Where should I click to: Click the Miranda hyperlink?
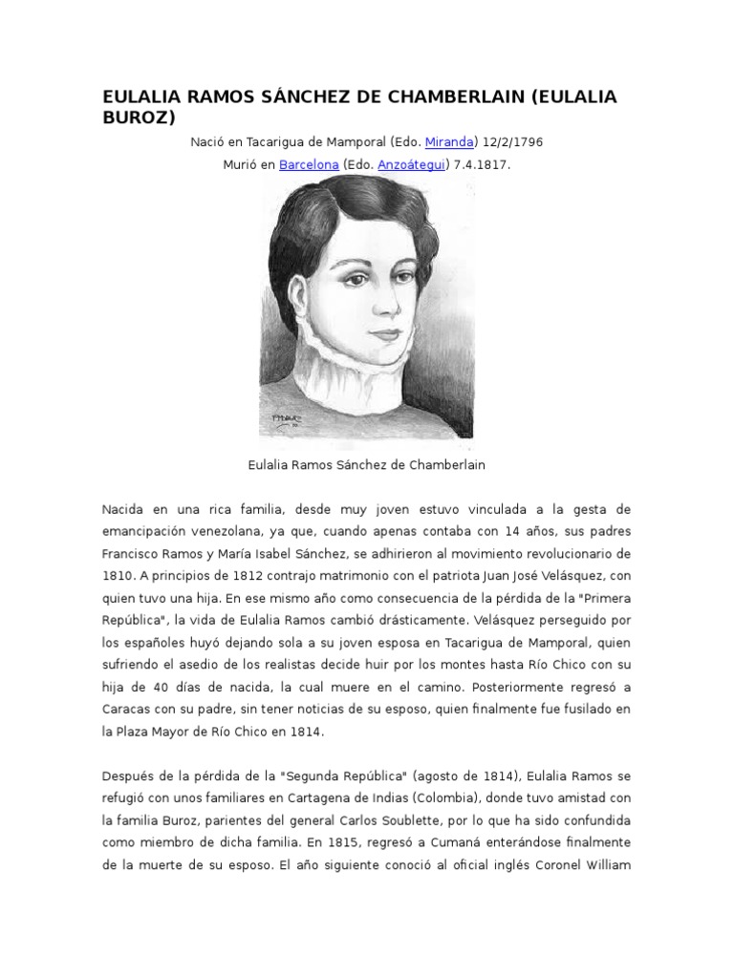pos(449,141)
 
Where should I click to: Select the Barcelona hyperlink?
pos(309,164)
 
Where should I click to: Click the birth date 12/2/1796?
pos(513,141)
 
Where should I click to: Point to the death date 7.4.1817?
pos(482,164)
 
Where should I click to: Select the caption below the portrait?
pos(367,465)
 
